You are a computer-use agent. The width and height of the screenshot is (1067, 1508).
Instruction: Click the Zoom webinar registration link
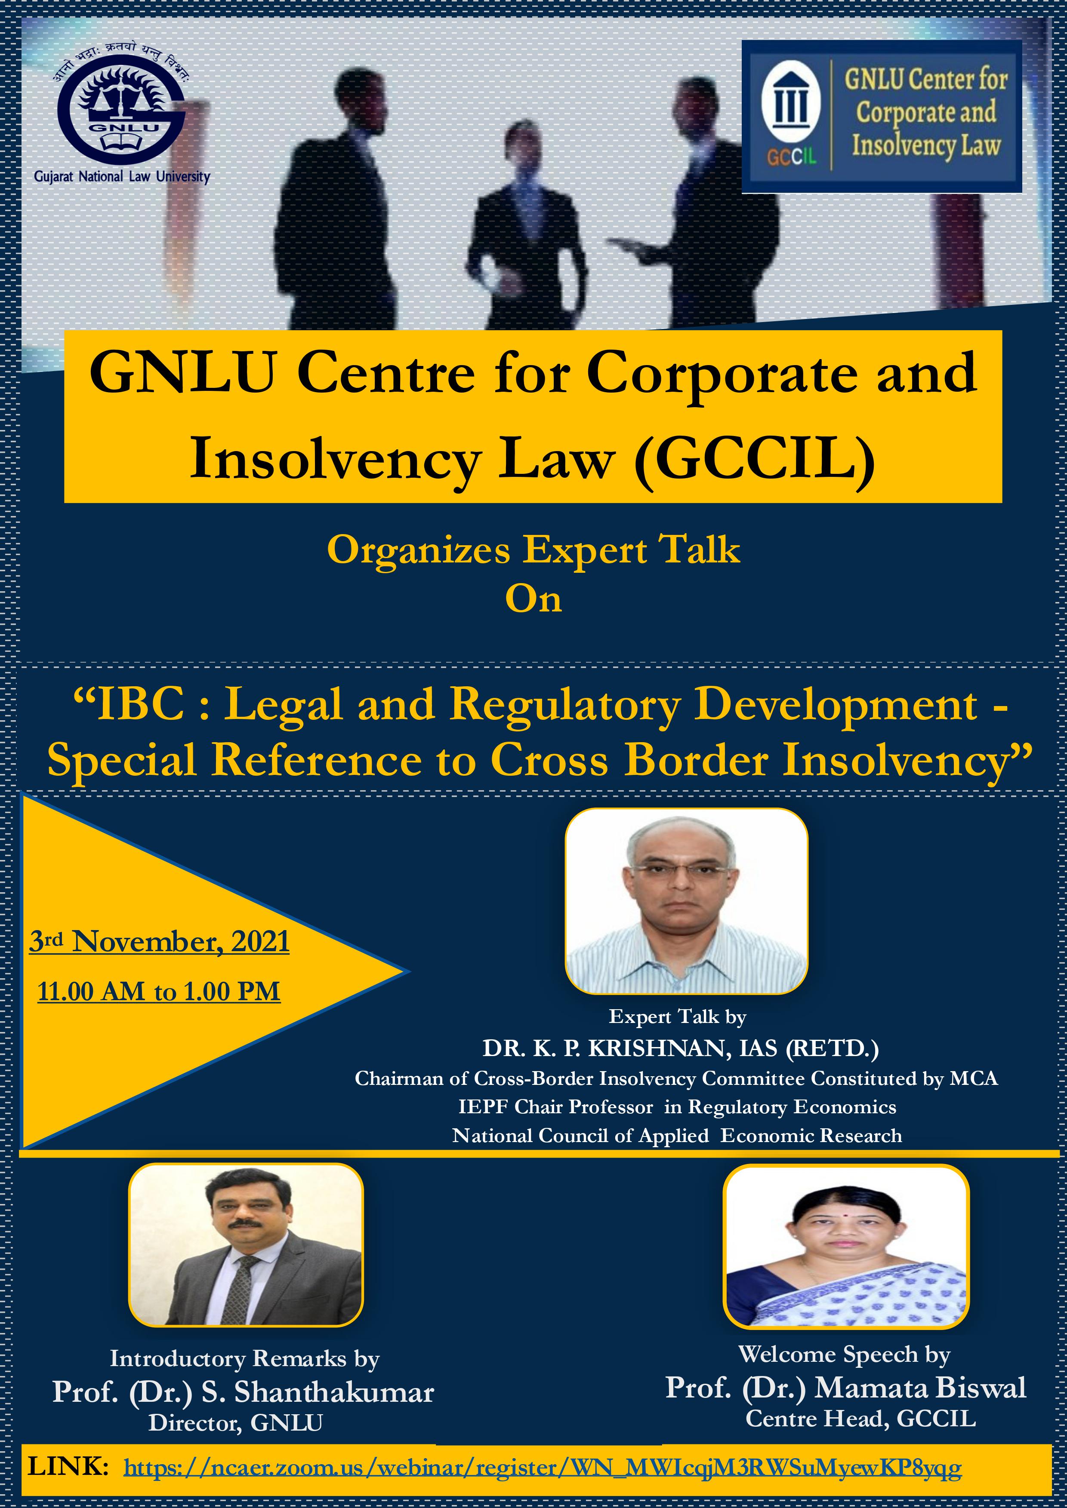[x=543, y=1467]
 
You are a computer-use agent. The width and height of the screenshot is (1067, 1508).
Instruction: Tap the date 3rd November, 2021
[x=160, y=941]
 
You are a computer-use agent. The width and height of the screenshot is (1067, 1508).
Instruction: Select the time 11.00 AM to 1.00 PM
[x=159, y=991]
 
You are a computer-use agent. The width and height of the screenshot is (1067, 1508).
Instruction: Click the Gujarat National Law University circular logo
[x=122, y=115]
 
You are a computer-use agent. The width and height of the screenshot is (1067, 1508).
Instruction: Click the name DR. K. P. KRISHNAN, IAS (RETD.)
[x=681, y=1049]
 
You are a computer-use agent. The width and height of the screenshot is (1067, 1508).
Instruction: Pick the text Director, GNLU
[x=236, y=1423]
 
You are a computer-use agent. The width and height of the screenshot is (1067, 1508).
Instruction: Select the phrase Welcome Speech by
[x=844, y=1354]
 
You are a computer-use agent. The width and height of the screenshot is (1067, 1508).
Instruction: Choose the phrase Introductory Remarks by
[x=244, y=1358]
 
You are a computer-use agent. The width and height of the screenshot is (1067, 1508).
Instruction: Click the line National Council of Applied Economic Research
[x=677, y=1136]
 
